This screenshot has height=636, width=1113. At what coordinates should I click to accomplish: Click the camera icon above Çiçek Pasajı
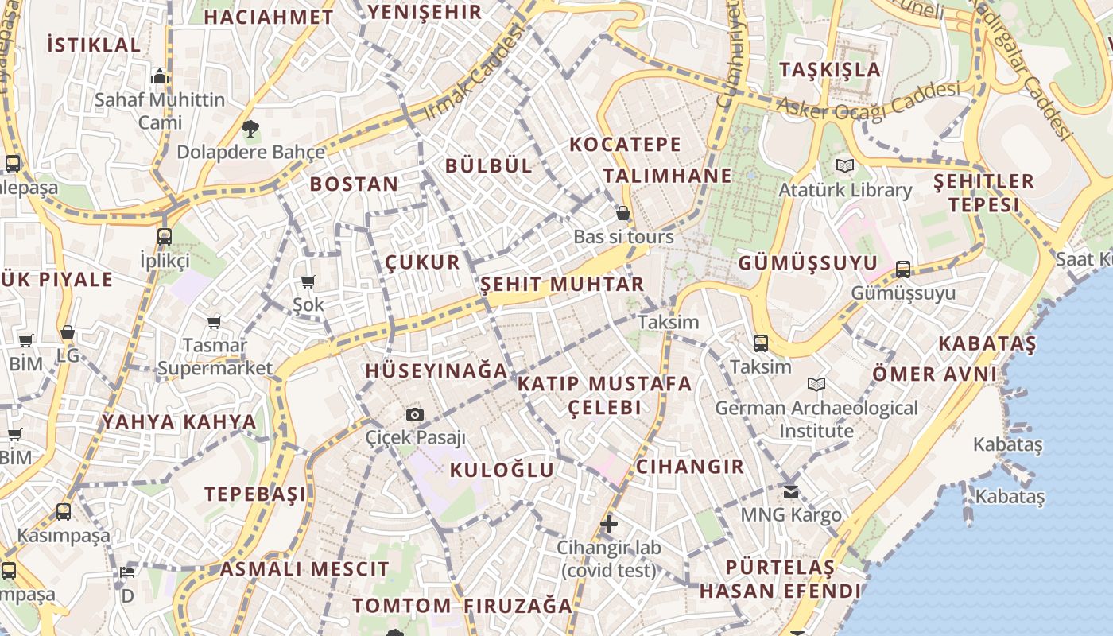414,414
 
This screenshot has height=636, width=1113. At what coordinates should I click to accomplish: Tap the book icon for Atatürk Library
843,165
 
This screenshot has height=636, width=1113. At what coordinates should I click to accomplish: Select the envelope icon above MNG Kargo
790,491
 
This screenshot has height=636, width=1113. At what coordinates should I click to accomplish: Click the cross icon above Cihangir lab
609,524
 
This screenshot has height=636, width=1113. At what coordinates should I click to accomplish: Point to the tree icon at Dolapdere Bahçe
250,128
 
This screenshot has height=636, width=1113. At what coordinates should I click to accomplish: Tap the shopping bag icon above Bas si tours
623,213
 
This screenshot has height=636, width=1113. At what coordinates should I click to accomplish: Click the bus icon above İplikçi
164,236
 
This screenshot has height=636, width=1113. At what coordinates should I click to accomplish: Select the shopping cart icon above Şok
308,281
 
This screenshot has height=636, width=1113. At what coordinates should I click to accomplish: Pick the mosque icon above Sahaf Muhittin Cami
160,76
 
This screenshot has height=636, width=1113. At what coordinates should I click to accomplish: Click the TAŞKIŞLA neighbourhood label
830,69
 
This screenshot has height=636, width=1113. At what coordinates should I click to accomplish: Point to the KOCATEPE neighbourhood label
626,144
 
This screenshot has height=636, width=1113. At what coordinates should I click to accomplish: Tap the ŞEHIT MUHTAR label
562,284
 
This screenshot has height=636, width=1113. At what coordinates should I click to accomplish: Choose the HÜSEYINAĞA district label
436,370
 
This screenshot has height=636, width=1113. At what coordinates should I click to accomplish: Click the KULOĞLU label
502,469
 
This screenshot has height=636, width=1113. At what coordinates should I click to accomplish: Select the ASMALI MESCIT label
304,569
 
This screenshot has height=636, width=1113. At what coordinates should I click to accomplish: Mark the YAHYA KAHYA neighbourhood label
179,421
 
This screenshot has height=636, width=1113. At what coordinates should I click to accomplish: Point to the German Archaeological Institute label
816,419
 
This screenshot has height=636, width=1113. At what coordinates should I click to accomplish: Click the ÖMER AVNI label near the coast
934,374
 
